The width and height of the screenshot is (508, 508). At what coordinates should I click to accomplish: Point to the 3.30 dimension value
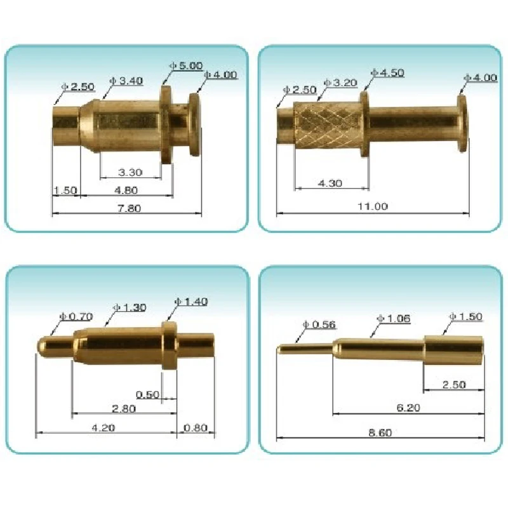[130, 172]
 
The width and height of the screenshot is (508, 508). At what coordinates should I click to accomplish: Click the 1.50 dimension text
[65, 190]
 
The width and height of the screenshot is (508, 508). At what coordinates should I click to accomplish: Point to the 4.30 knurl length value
[330, 184]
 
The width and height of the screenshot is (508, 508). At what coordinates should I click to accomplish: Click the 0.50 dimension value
[147, 394]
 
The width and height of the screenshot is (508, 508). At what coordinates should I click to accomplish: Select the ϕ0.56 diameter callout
[320, 324]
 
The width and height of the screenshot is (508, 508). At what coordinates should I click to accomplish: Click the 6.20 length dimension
[407, 408]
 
